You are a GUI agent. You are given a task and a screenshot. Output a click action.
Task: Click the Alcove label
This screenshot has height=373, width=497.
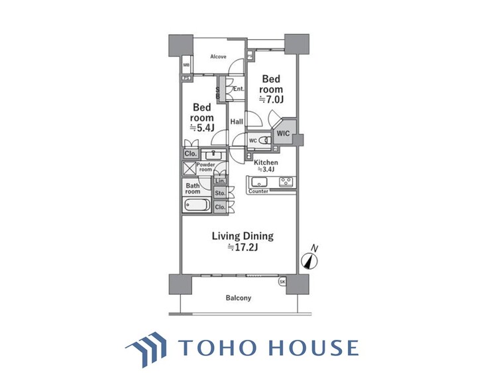218,57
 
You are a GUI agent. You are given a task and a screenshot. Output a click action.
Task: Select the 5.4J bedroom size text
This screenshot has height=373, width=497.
202,127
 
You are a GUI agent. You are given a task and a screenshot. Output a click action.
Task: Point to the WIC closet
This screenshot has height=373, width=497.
284,133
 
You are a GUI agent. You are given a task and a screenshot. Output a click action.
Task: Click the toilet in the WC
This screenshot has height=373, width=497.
264,140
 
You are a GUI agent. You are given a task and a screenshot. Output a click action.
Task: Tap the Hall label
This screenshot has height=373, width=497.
237,122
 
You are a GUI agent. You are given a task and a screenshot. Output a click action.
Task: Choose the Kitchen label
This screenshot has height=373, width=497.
265,162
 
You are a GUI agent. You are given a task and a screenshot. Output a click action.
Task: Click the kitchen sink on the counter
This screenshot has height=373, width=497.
259,182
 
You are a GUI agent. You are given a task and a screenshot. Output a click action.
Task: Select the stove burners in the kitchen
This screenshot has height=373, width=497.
286,182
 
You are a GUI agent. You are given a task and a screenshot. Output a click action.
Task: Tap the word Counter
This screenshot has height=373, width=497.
258,192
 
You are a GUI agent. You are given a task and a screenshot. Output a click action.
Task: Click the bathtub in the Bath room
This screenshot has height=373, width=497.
196,205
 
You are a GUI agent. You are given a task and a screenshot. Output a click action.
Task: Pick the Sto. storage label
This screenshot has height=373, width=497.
220,193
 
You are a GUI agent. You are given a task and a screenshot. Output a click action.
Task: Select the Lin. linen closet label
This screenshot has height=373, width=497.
220,181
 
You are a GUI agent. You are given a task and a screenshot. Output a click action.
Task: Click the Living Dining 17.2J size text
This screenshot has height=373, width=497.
243,247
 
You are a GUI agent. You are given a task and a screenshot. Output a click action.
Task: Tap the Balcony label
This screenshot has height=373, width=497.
239,298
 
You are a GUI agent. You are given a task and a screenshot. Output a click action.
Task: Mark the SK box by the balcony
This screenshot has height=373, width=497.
282,282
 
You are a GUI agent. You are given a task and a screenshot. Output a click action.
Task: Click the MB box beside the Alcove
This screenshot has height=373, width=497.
186,66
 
